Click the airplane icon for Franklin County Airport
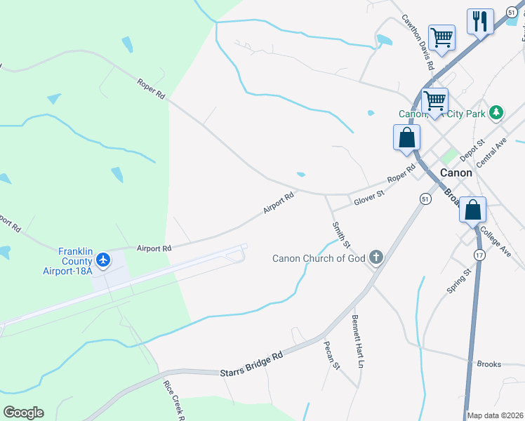click(x=104, y=260)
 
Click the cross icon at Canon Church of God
click(x=376, y=258)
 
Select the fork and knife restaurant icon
click(x=480, y=21)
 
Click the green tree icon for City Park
click(x=497, y=112)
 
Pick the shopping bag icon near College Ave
click(x=473, y=209)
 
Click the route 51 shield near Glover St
click(x=425, y=199)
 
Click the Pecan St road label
click(x=331, y=356)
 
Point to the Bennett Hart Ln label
click(x=358, y=342)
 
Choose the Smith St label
click(x=341, y=234)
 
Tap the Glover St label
click(x=370, y=197)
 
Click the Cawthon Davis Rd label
click(x=418, y=43)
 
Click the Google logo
click(x=23, y=413)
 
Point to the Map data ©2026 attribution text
click(x=495, y=415)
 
